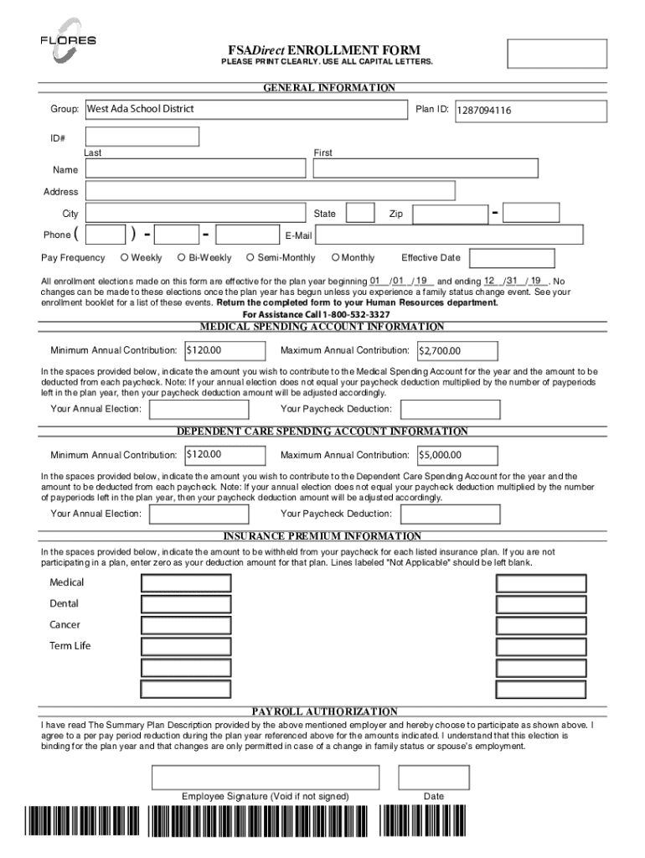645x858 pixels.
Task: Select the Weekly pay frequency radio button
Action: (124, 257)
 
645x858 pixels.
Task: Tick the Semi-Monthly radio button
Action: (250, 257)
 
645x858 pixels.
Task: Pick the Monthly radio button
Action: (335, 257)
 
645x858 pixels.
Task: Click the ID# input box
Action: (142, 137)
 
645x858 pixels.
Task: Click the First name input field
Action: (425, 169)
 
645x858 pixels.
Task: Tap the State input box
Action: (360, 213)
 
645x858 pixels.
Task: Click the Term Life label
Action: (70, 646)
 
